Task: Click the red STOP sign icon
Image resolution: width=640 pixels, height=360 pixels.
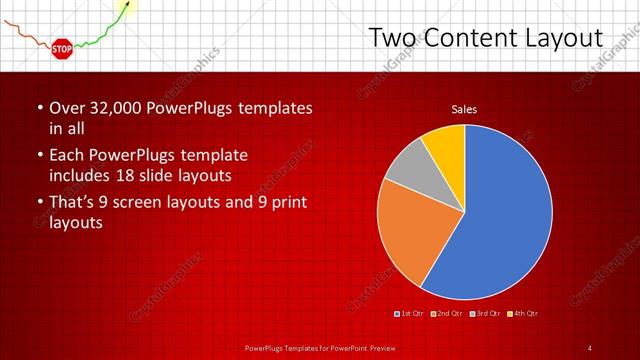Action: click(x=61, y=48)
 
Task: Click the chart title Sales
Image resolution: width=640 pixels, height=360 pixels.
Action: click(x=463, y=108)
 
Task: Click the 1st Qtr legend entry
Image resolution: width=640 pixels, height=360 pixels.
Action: click(x=410, y=314)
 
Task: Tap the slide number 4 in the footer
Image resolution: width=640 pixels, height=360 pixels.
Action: click(x=590, y=347)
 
